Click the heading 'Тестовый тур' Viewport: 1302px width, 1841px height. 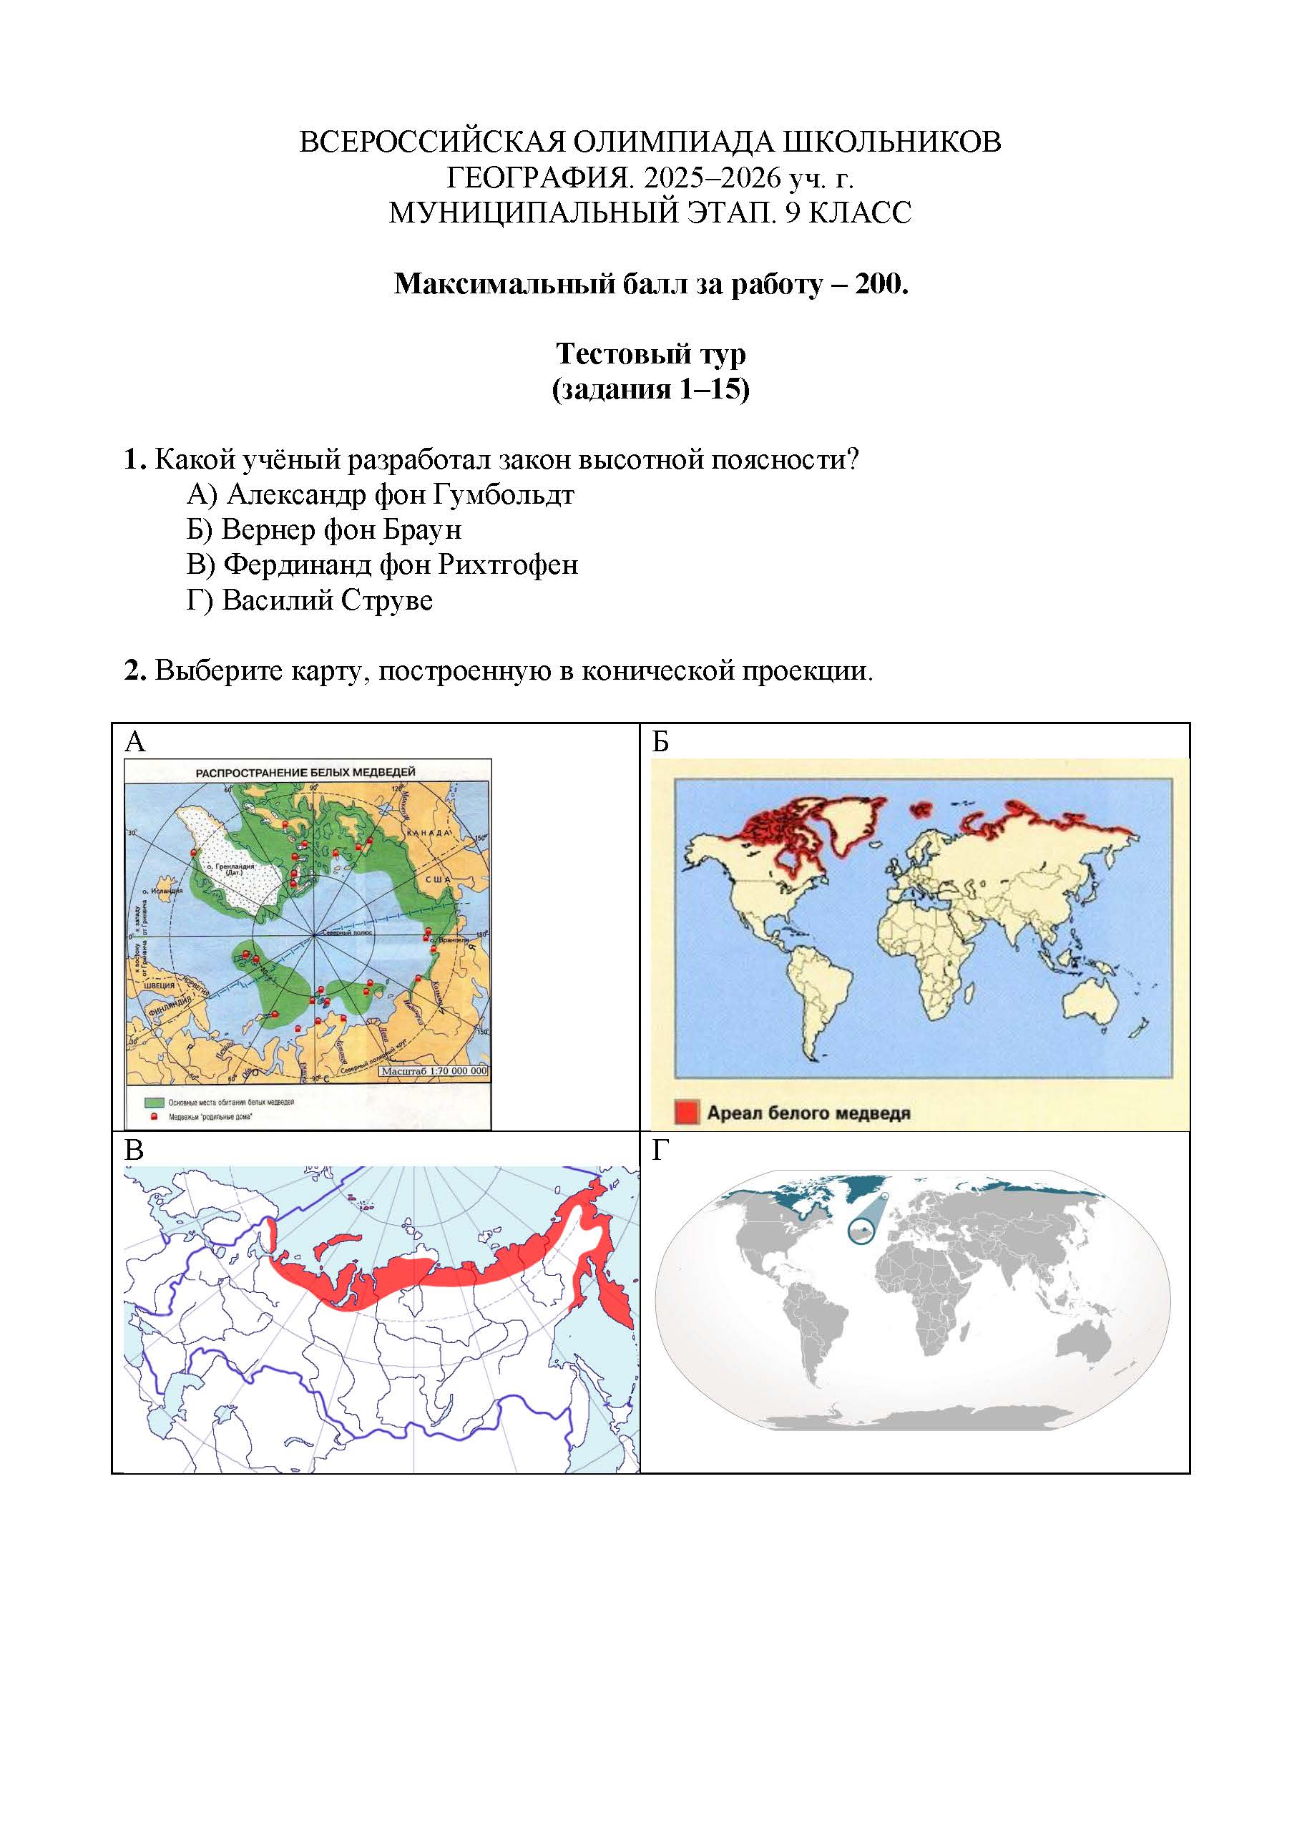point(650,353)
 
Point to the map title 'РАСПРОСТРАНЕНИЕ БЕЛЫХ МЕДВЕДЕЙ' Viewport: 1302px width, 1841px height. point(305,772)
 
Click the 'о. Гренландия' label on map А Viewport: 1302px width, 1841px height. point(230,869)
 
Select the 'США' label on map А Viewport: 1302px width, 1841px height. point(439,879)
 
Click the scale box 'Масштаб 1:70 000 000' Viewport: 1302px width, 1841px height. point(433,1071)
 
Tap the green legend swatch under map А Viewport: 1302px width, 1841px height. point(154,1103)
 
